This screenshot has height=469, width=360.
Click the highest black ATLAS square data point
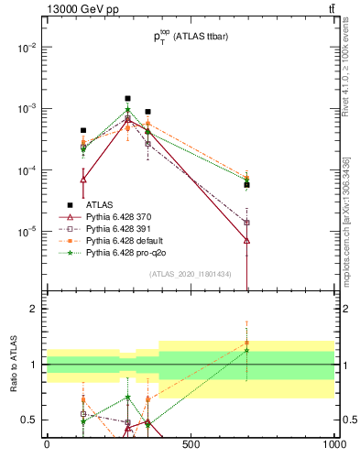tap(127, 98)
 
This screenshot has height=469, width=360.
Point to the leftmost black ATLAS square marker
tap(83, 130)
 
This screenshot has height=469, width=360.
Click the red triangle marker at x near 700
tap(247, 240)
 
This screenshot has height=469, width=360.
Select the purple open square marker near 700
tap(247, 223)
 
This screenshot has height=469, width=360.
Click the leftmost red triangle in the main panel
tap(83, 180)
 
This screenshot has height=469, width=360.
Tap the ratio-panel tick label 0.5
tap(31, 420)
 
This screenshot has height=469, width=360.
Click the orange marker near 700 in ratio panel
tap(247, 343)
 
